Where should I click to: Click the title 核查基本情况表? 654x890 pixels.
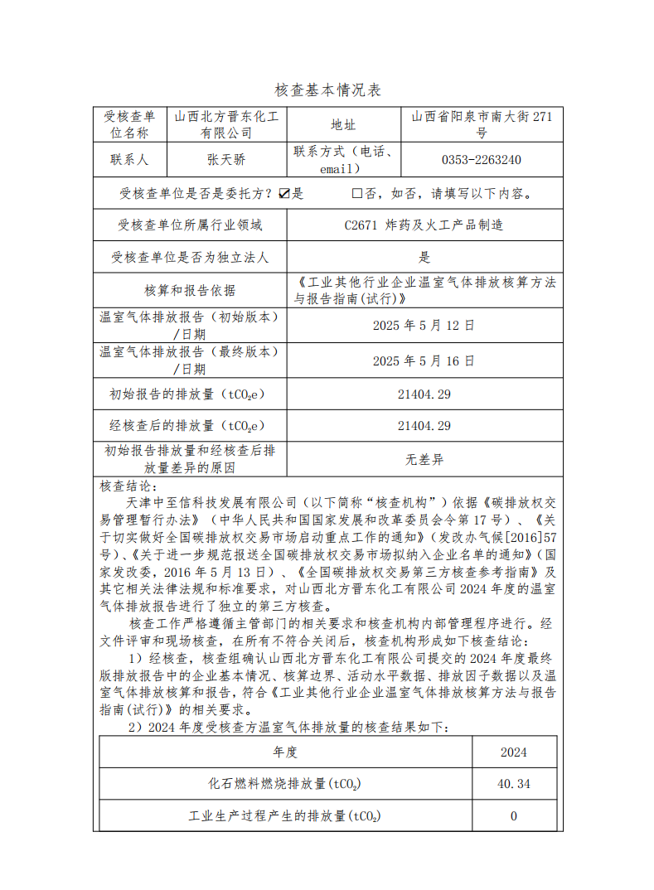(327, 90)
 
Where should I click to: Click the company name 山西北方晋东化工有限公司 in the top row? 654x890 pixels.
(227, 124)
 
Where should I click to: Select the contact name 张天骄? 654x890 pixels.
(226, 159)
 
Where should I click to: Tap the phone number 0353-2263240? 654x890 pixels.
(481, 159)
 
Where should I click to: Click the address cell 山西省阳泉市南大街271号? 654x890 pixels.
(481, 124)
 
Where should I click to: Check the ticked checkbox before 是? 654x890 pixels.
(283, 194)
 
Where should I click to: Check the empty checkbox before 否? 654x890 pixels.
(356, 194)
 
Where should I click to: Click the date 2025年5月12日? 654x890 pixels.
(424, 325)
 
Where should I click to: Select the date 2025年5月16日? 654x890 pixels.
(424, 360)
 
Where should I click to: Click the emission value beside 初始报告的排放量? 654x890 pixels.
(424, 394)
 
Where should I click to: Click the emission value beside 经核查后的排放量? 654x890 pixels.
(424, 426)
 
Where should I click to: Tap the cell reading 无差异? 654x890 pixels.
(424, 459)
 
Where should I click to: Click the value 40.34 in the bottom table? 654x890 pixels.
(515, 783)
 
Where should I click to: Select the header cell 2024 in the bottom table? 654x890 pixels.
(514, 752)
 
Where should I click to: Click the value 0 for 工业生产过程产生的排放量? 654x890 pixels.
(514, 815)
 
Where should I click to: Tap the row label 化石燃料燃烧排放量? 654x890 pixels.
(285, 783)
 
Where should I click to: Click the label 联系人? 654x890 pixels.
(128, 159)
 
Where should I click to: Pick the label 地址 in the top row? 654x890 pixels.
(343, 124)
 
